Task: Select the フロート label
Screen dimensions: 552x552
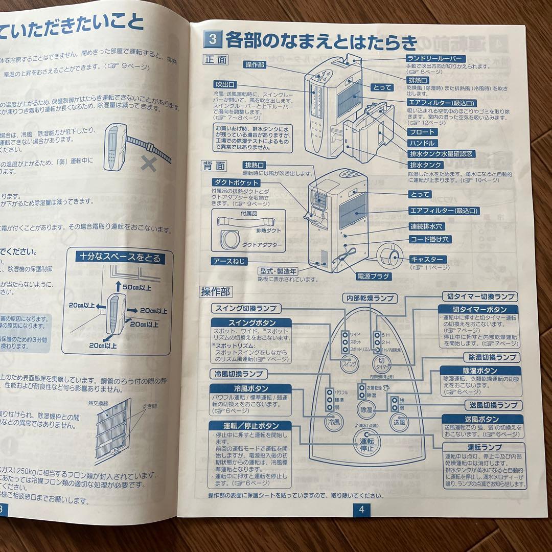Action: click(422, 132)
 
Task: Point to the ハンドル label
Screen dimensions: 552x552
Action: click(422, 143)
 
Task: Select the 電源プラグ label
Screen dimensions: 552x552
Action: click(374, 277)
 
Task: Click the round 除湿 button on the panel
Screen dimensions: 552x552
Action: click(366, 409)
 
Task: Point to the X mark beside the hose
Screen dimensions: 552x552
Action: click(149, 164)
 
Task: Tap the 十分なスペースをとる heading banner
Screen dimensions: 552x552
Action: click(121, 258)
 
